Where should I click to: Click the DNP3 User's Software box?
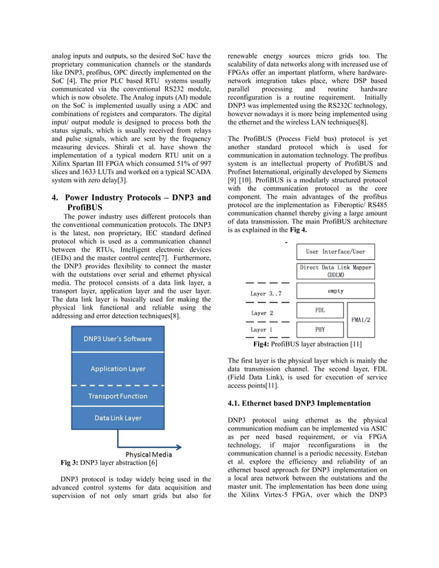118,339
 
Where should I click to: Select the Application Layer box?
118,369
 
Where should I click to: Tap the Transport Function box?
118,396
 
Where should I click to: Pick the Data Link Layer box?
118,417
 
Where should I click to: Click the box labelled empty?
336,291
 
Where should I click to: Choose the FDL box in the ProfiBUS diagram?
320,310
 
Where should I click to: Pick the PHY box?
320,329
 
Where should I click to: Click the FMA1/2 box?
361,320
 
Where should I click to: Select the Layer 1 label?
262,330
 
